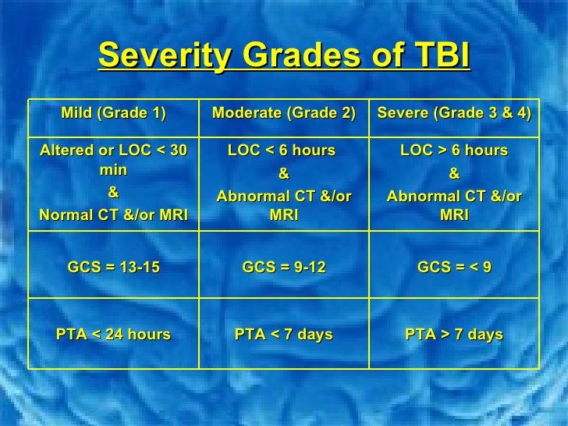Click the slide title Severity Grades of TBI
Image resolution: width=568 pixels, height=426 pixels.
click(x=284, y=56)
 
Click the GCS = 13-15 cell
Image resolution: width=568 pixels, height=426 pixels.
click(x=114, y=268)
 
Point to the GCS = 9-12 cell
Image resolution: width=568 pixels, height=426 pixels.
click(x=284, y=268)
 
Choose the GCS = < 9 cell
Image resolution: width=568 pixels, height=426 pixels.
click(x=454, y=268)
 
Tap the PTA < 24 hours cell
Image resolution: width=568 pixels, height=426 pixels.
click(x=114, y=335)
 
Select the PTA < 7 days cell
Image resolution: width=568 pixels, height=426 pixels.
click(x=284, y=335)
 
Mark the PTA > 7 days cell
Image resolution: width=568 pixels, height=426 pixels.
click(x=454, y=335)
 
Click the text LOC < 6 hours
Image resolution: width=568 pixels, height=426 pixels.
click(x=282, y=150)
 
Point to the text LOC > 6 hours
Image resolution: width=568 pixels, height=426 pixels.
click(x=454, y=150)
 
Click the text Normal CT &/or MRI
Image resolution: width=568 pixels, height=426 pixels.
click(x=114, y=215)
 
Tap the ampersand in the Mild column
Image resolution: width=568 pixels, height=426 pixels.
click(x=113, y=193)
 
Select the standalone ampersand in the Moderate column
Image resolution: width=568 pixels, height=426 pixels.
click(x=284, y=172)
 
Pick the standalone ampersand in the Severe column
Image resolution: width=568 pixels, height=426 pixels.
click(x=454, y=172)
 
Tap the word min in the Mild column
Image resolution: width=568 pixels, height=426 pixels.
click(x=114, y=171)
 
